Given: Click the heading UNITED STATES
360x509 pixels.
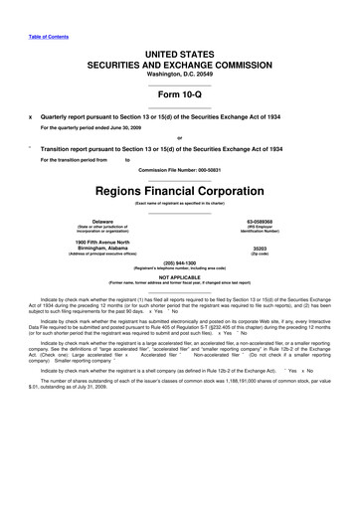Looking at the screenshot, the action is click(180, 53).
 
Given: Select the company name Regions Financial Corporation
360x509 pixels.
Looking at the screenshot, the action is click(180, 190).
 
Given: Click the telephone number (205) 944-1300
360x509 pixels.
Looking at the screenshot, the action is click(180, 262).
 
